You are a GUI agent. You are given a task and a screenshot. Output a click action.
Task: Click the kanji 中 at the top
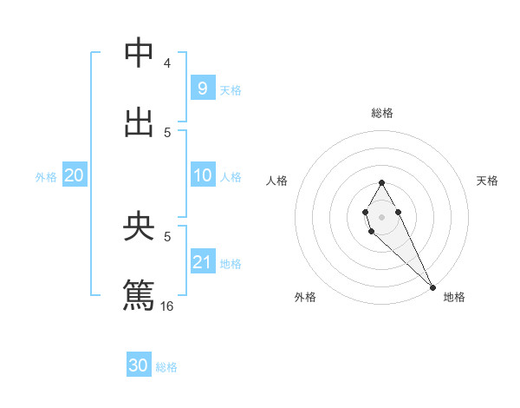pos(139,53)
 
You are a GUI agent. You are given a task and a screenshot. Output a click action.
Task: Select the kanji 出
pos(139,122)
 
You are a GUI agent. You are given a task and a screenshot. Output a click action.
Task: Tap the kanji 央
pos(139,227)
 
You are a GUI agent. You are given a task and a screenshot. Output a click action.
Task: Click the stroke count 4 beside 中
pos(167,63)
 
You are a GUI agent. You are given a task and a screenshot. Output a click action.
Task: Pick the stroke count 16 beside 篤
pos(167,306)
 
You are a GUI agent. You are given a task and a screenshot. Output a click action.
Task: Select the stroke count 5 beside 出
pos(167,132)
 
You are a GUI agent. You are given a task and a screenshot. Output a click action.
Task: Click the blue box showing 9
pos(202,89)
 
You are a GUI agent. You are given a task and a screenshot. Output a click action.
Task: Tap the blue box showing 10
pos(202,175)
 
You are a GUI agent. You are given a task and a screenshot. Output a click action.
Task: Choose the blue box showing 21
pos(202,262)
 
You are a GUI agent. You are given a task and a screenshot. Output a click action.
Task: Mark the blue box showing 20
pos(75,175)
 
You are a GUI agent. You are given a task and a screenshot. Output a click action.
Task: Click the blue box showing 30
pos(139,365)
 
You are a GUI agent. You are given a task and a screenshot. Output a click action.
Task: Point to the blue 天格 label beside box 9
pos(231,89)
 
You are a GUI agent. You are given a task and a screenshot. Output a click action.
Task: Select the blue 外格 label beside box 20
pos(46,176)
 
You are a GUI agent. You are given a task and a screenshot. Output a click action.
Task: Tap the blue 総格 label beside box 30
pos(166,367)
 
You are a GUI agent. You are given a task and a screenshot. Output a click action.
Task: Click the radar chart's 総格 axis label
pos(381,113)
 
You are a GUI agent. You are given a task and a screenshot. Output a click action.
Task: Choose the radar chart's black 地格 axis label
pos(454,297)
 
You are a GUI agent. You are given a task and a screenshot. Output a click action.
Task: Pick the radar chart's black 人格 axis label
pos(276,181)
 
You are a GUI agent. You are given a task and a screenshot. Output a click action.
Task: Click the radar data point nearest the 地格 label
pos(432,287)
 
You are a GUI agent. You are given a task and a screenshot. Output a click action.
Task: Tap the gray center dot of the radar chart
pos(381,215)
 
